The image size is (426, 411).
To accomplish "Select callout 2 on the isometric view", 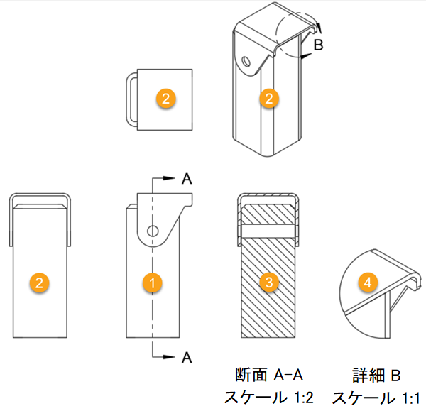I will [x=268, y=99].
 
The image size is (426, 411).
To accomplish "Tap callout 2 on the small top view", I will [x=165, y=99].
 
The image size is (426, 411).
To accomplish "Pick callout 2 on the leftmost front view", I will [x=40, y=283].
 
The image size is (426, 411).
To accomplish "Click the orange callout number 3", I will [x=268, y=283].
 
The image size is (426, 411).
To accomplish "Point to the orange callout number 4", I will [x=367, y=283].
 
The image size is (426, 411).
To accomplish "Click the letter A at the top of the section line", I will [x=187, y=179].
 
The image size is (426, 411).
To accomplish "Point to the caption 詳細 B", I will [x=377, y=374].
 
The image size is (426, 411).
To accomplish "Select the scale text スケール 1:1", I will [x=377, y=397].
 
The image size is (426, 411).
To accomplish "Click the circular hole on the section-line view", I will [x=152, y=230].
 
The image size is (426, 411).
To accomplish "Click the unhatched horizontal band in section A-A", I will [x=268, y=231].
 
